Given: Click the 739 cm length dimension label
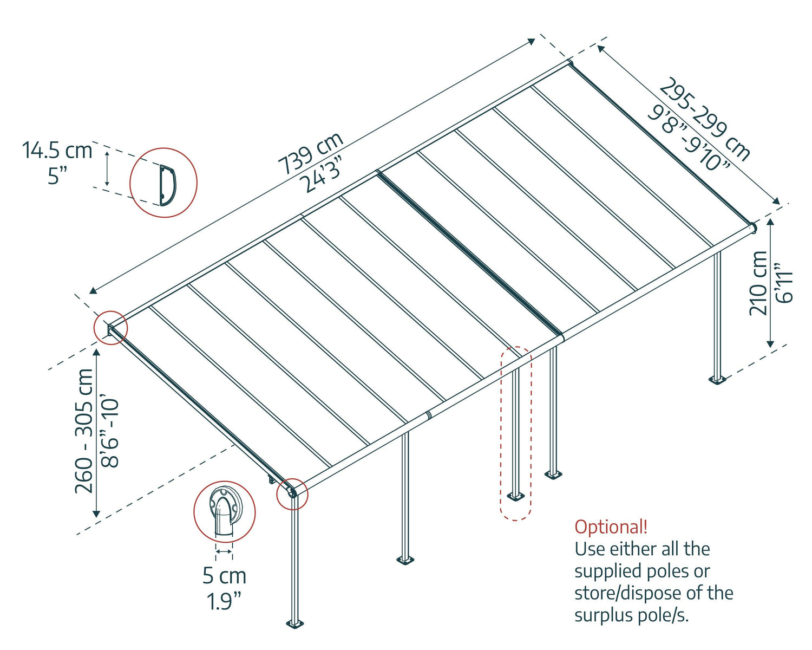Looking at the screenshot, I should point(310,153).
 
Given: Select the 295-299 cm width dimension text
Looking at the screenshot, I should point(704,119).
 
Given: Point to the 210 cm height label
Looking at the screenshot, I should point(758,283).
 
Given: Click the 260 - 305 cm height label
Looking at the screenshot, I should point(84,431).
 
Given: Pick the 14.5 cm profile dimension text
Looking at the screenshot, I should point(57,150).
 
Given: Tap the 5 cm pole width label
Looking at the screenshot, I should point(224,575).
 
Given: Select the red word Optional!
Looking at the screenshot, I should point(611,526).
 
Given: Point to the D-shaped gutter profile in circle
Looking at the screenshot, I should point(167,185).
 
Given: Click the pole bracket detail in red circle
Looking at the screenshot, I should point(224,512).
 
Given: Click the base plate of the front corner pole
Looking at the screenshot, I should point(294,623).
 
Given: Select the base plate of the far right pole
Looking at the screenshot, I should point(717,379).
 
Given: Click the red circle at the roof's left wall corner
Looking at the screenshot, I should point(110,328).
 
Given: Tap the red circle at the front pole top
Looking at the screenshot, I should point(292,493).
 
